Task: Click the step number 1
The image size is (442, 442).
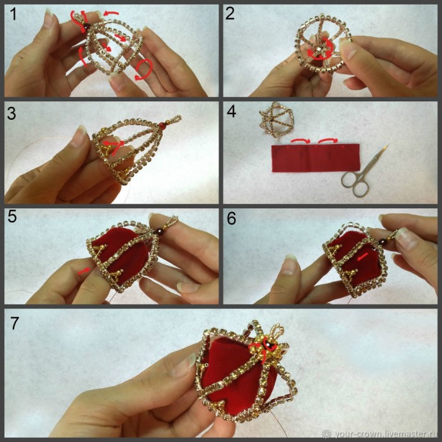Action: click(x=13, y=14)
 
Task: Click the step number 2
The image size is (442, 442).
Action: click(x=230, y=13)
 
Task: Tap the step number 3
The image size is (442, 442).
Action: click(x=12, y=114)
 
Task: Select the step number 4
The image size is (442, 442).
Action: click(x=231, y=111)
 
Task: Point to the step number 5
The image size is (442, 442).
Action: click(x=12, y=217)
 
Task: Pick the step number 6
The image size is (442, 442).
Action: click(x=231, y=218)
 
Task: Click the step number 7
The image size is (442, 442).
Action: click(x=15, y=323)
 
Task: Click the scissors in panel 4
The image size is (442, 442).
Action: click(x=364, y=172)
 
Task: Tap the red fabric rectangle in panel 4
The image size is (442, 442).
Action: click(x=315, y=158)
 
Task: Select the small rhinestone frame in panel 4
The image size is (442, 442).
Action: click(x=277, y=119)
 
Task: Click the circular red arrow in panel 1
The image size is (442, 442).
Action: click(x=143, y=69)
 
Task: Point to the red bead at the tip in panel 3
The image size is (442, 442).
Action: click(x=161, y=125)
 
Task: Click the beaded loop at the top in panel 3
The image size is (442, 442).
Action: click(x=173, y=119)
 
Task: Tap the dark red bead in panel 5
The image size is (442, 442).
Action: click(x=156, y=233)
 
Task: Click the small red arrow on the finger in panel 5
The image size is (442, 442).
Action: click(x=84, y=271)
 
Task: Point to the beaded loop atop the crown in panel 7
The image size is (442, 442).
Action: click(x=277, y=332)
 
